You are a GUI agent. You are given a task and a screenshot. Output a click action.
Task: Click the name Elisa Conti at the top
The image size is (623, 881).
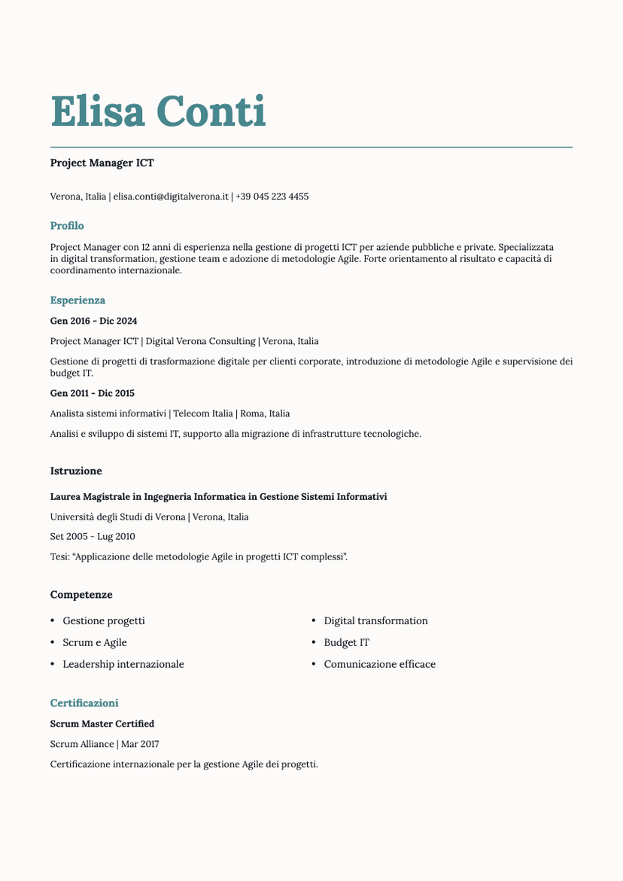tap(158, 112)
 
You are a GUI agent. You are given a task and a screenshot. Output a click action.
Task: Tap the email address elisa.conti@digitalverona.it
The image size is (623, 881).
tap(171, 197)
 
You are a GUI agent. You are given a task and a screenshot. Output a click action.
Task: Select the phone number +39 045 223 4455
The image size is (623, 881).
tap(272, 197)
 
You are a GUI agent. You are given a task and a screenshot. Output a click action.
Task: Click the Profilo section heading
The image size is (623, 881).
tap(67, 226)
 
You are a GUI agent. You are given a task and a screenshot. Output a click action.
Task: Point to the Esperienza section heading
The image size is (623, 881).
tap(77, 300)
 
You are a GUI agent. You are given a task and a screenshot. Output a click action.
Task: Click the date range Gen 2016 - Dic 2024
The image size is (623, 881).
tap(93, 321)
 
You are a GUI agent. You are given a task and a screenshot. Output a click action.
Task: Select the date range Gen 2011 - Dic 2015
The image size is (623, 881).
tap(92, 393)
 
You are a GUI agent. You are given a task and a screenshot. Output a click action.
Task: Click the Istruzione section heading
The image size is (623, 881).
tap(76, 471)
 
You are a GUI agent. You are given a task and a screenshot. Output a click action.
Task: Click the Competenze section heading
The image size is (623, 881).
tap(81, 595)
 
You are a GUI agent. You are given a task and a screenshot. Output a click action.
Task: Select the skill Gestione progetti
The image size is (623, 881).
tap(104, 621)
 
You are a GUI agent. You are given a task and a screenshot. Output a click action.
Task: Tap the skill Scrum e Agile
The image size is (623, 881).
tap(95, 643)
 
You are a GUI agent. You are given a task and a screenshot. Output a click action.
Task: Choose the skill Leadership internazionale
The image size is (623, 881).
tap(123, 664)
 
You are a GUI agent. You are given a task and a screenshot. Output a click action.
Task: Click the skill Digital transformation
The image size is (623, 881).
tap(375, 621)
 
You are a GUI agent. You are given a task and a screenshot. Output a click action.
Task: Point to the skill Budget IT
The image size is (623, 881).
tap(346, 643)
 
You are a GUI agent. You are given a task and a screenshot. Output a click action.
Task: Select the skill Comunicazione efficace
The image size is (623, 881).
tap(379, 664)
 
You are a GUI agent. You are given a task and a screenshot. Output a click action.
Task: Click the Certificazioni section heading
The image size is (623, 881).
tap(84, 703)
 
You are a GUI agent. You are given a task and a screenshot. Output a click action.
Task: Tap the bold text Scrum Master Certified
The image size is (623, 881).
tap(102, 724)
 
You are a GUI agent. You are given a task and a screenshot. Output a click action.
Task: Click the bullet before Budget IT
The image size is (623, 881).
tap(314, 643)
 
